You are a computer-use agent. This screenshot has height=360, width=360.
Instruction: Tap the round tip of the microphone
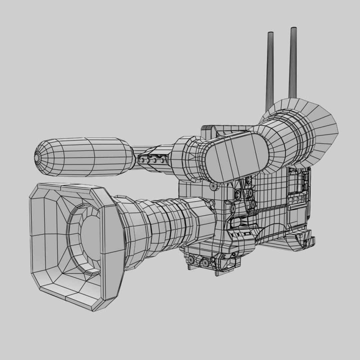tap(36, 157)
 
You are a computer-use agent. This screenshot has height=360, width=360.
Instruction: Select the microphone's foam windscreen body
tap(87, 157)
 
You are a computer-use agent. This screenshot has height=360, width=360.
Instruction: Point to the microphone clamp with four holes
tap(152, 160)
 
